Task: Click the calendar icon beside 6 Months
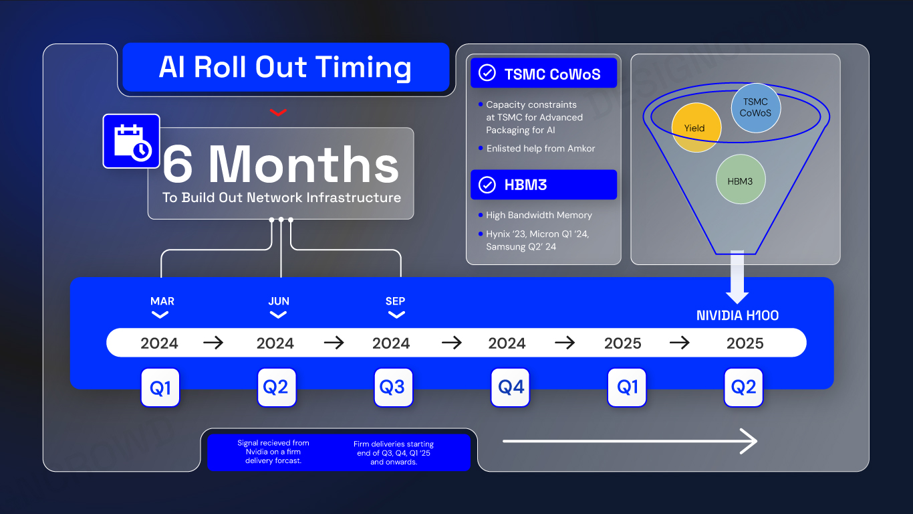[131, 141]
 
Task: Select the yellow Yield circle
[696, 128]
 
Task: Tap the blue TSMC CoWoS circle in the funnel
[756, 108]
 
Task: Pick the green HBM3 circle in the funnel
[740, 179]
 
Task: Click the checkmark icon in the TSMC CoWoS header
[487, 73]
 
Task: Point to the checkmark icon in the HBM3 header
[487, 185]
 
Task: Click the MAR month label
[162, 301]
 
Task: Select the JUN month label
[279, 301]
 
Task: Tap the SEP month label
[396, 301]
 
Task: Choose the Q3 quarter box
[393, 387]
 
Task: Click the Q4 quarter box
[510, 387]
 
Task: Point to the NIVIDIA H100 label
[737, 315]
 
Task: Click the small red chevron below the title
[279, 112]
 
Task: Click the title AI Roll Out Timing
[285, 68]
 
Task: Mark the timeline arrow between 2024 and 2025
[565, 343]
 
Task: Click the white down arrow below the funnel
[737, 277]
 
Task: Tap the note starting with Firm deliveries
[393, 452]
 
